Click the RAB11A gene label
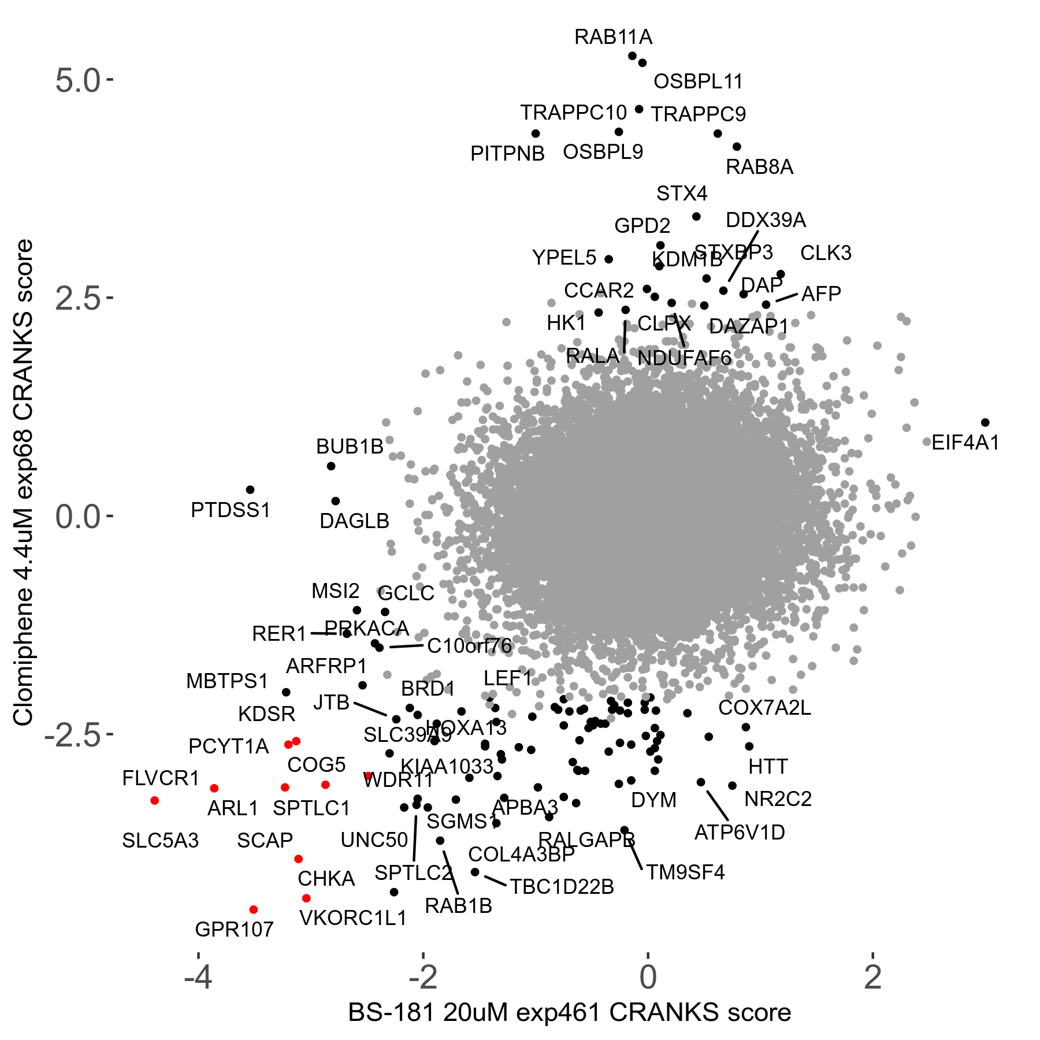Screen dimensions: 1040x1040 [x=613, y=37]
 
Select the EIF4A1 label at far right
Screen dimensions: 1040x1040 [x=965, y=443]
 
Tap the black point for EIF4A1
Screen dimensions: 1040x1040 [x=985, y=422]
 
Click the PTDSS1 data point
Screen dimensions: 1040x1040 [x=250, y=489]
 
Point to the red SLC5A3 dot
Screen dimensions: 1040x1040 [x=154, y=800]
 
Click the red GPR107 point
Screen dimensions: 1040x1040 [x=253, y=909]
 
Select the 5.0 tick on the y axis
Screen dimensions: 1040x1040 [x=78, y=80]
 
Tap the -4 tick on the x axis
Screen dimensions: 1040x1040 [x=198, y=977]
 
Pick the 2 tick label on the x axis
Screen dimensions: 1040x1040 [x=872, y=977]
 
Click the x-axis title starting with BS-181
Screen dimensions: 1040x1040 [x=569, y=1013]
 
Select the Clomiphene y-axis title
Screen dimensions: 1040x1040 [x=24, y=482]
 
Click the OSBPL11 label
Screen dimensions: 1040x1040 [x=698, y=81]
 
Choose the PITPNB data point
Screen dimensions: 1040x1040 [x=536, y=133]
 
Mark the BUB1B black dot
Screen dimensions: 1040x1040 [x=331, y=466]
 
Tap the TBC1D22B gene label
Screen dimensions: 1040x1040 [x=562, y=886]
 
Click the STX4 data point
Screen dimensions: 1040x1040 [x=696, y=217]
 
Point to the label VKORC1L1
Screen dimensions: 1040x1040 [x=353, y=918]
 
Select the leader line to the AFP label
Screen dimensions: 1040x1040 [x=786, y=298]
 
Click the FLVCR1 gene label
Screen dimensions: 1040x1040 [x=161, y=778]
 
